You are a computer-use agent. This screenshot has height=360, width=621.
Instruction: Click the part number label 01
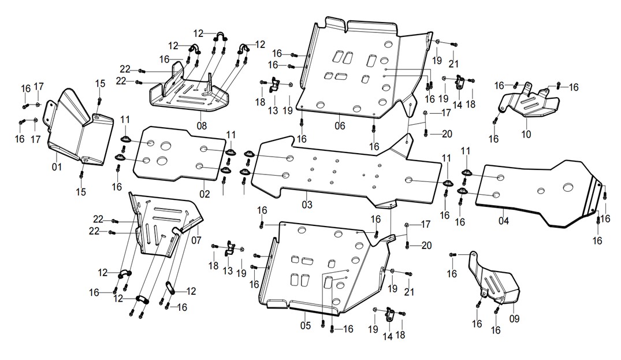pyautogui.click(x=57, y=167)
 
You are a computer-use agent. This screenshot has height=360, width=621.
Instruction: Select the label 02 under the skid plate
pyautogui.click(x=204, y=194)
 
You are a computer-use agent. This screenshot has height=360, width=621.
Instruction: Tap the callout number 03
pyautogui.click(x=307, y=205)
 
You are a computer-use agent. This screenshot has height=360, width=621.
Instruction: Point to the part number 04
pyautogui.click(x=503, y=221)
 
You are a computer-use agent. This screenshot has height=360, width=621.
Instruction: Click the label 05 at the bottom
pyautogui.click(x=306, y=325)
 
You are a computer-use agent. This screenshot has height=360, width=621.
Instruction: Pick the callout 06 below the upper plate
pyautogui.click(x=340, y=126)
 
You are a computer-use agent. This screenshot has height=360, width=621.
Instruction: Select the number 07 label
pyautogui.click(x=196, y=240)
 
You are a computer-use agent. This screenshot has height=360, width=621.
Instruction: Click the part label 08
pyautogui.click(x=202, y=127)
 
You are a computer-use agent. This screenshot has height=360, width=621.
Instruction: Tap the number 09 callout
pyautogui.click(x=514, y=318)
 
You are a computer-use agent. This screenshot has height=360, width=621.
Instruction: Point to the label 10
pyautogui.click(x=526, y=134)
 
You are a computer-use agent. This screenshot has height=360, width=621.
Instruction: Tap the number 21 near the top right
pyautogui.click(x=453, y=64)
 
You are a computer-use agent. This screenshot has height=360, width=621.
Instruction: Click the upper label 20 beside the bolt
pyautogui.click(x=447, y=134)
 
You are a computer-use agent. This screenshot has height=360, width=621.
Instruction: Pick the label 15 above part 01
pyautogui.click(x=100, y=83)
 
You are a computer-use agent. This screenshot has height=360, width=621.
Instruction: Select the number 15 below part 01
pyautogui.click(x=81, y=192)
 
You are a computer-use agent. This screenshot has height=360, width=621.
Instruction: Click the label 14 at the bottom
pyautogui.click(x=388, y=336)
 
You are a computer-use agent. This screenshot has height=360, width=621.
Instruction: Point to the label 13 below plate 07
pyautogui.click(x=228, y=271)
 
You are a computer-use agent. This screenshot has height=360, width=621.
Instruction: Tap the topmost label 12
pyautogui.click(x=198, y=34)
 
